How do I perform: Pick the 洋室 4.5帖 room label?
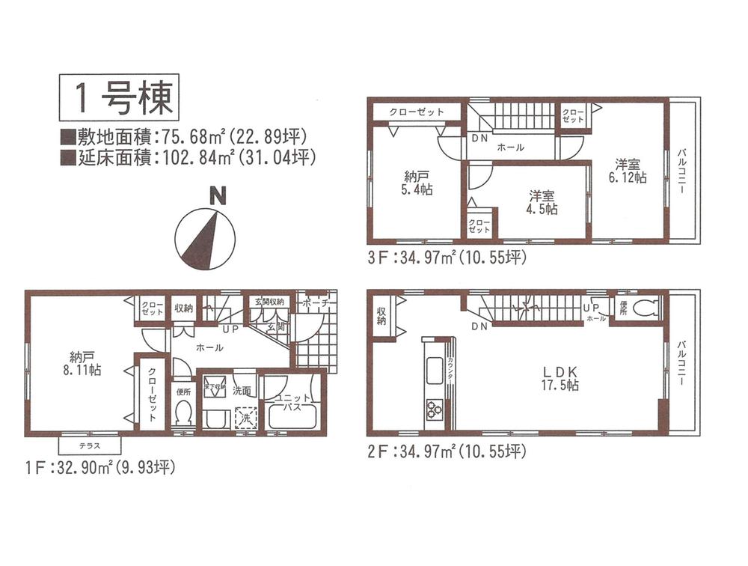pyautogui.click(x=542, y=204)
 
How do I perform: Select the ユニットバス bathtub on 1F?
pyautogui.click(x=293, y=416)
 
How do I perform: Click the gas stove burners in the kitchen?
pyautogui.click(x=434, y=409)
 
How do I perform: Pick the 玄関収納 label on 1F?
pyautogui.click(x=266, y=302)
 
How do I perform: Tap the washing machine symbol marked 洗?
pyautogui.click(x=243, y=416)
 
